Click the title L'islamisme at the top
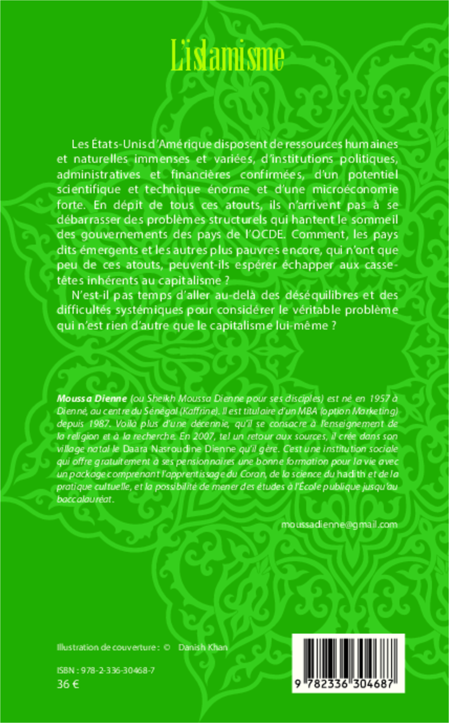(227, 56)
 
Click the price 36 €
(68, 684)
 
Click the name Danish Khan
(203, 647)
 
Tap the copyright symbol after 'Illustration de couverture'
(166, 647)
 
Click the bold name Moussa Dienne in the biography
(92, 399)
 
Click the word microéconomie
(355, 189)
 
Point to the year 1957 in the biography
(380, 399)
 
